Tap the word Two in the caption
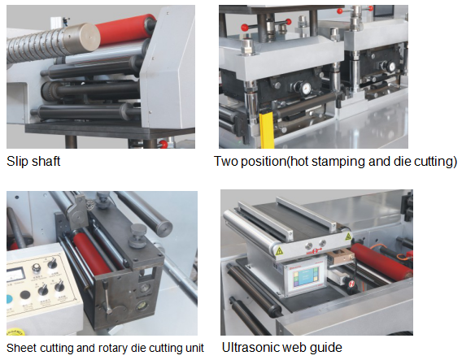225,162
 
